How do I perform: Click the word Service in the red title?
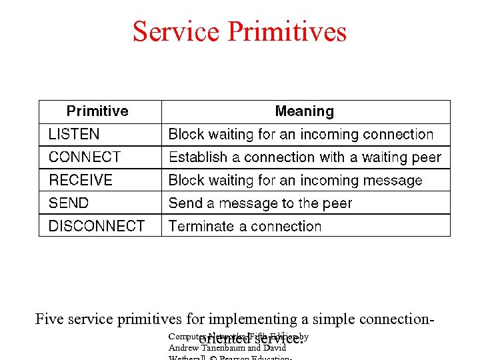coord(176,31)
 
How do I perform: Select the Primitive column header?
coord(97,111)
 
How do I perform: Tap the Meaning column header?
coord(305,111)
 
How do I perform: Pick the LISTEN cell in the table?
coord(74,135)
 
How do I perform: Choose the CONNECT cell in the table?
coord(85,157)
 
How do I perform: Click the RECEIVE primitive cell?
coord(81,180)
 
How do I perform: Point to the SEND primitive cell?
coord(69,203)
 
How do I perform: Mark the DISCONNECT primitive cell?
coord(97,226)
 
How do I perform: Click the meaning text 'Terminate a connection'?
coord(245,226)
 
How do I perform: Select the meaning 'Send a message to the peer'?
coord(260,203)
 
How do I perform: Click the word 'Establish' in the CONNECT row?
coord(198,157)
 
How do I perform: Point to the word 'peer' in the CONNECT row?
coord(427,157)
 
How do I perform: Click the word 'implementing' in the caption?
coord(253,319)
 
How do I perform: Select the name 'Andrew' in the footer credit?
coord(183,347)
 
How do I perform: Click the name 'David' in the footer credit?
coord(273,347)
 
